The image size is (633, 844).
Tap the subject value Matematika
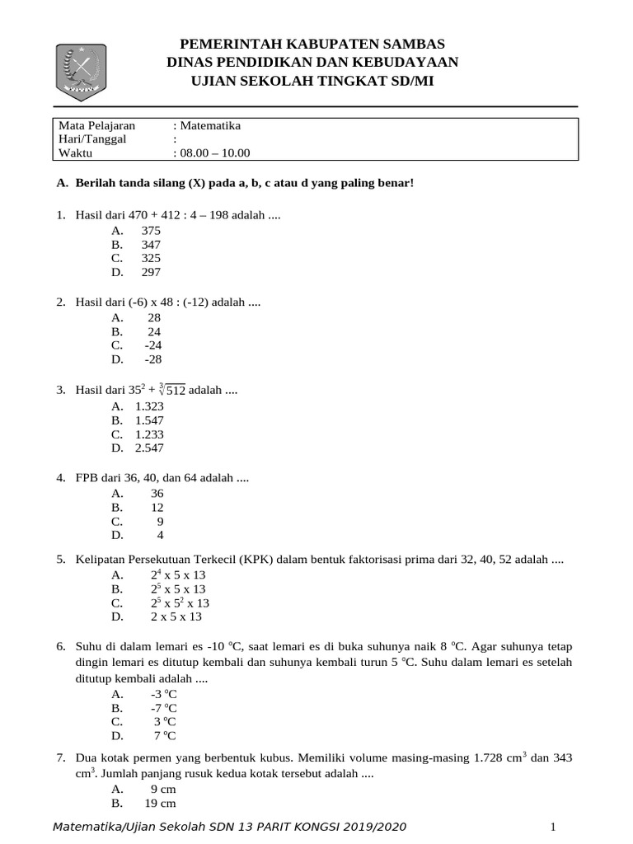pyautogui.click(x=210, y=126)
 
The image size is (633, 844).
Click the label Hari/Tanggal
pyautogui.click(x=92, y=139)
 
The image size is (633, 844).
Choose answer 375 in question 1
pyautogui.click(x=151, y=230)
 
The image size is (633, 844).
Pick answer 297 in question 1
pyautogui.click(x=151, y=272)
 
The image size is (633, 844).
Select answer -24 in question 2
pyautogui.click(x=152, y=345)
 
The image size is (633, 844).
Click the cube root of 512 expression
pyautogui.click(x=171, y=390)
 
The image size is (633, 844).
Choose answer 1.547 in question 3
pyautogui.click(x=149, y=420)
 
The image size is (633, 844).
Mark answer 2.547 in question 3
pyautogui.click(x=149, y=448)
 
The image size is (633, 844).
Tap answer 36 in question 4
pyautogui.click(x=157, y=493)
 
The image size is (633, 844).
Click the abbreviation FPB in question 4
pyautogui.click(x=87, y=477)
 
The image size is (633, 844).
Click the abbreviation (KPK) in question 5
pyautogui.click(x=257, y=560)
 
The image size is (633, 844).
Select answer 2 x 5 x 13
pyautogui.click(x=176, y=617)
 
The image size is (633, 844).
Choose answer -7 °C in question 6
pyautogui.click(x=163, y=708)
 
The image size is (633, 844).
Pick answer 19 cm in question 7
pyautogui.click(x=160, y=803)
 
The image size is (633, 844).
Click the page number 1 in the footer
pyautogui.click(x=554, y=827)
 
